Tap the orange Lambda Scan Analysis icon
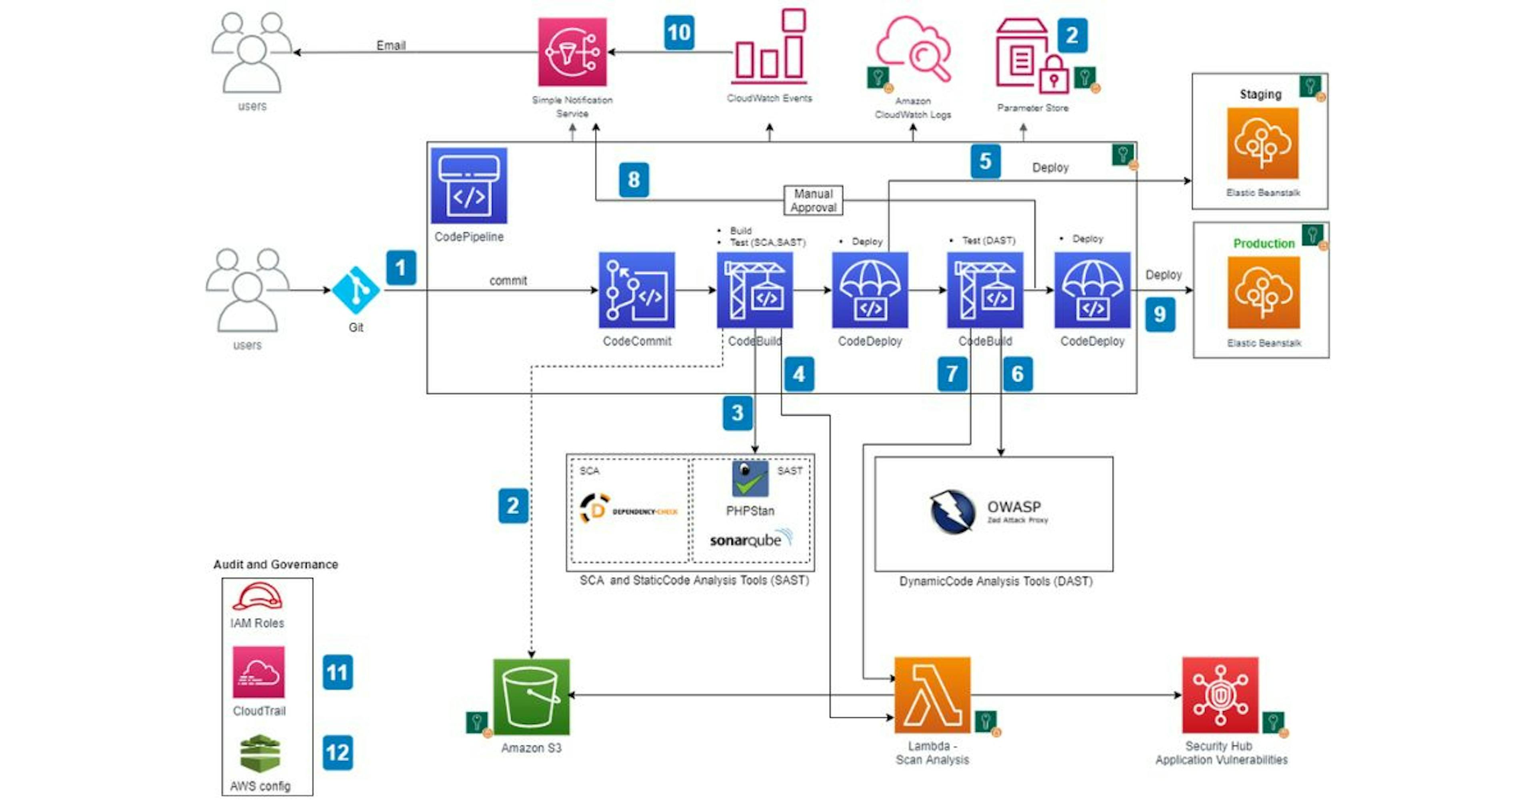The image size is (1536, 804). [x=932, y=695]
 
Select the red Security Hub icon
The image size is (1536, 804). [x=1220, y=695]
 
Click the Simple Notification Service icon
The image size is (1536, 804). [x=572, y=52]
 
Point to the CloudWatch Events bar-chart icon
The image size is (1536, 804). [x=770, y=48]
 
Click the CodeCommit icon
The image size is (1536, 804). [x=636, y=290]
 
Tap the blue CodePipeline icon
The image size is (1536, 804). [x=469, y=186]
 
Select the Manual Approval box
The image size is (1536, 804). [x=813, y=200]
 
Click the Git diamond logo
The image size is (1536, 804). [x=356, y=290]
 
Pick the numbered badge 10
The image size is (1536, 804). [x=679, y=32]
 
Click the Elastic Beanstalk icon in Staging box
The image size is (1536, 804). [x=1262, y=143]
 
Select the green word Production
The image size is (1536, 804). [x=1264, y=243]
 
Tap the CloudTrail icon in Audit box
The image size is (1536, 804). [x=258, y=672]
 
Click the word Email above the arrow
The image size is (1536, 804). [x=390, y=45]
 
